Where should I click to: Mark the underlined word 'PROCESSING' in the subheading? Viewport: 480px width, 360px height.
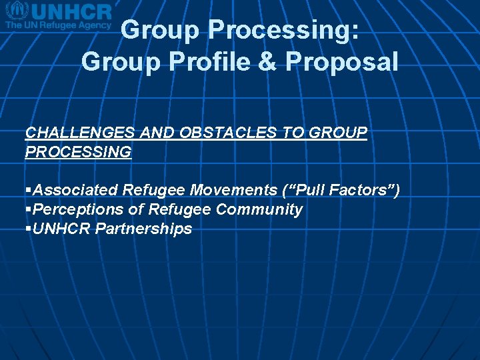tap(78, 152)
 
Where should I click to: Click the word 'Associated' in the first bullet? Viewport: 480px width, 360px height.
tap(75, 191)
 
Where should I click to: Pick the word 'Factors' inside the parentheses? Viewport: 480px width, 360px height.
tap(359, 191)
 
